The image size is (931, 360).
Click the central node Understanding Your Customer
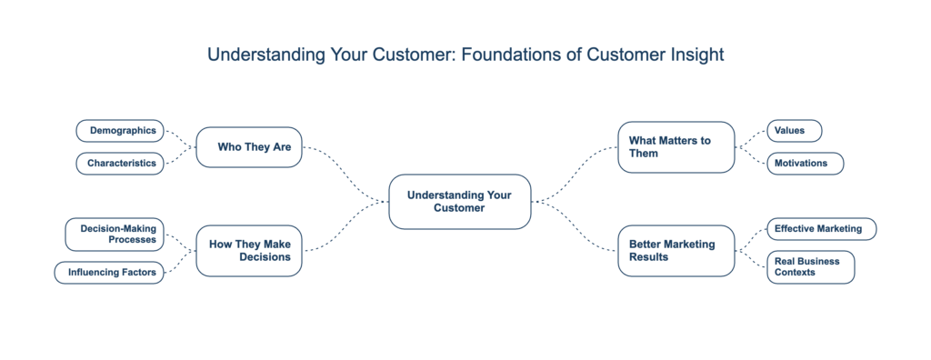tap(459, 201)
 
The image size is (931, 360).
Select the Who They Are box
tap(248, 146)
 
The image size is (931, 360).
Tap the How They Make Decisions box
tap(248, 251)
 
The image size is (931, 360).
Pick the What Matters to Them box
tap(676, 146)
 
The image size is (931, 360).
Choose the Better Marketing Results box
tap(676, 251)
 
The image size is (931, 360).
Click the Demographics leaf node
tap(120, 131)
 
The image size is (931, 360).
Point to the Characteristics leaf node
tap(120, 165)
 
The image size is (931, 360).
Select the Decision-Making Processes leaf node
tap(115, 235)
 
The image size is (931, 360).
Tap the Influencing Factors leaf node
tap(110, 272)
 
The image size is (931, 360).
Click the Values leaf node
tap(794, 131)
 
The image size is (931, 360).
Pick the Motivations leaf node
tap(805, 165)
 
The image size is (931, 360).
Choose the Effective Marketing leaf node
tap(822, 229)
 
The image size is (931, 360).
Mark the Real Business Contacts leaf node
tap(811, 267)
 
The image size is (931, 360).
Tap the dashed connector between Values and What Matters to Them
tap(751, 137)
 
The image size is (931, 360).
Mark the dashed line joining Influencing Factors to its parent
tap(180, 263)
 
